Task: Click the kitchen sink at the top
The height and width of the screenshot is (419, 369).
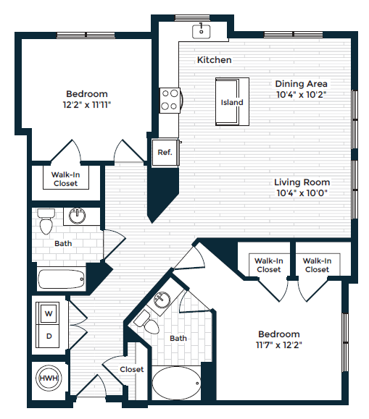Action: click(x=201, y=30)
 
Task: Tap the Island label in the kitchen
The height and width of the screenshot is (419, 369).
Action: click(x=232, y=102)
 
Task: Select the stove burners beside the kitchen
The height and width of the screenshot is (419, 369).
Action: click(x=170, y=100)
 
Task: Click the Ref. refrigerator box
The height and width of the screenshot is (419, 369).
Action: click(x=164, y=153)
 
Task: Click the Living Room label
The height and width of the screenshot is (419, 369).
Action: click(x=302, y=182)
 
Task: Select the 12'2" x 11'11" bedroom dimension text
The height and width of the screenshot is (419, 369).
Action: click(x=87, y=105)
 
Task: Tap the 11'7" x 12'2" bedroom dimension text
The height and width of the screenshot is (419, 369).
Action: click(x=279, y=345)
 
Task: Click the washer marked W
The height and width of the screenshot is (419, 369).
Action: click(x=49, y=313)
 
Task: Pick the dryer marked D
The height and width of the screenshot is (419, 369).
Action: click(x=49, y=336)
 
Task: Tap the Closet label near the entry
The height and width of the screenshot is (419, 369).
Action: click(x=132, y=369)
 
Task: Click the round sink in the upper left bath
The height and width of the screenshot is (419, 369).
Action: click(x=77, y=216)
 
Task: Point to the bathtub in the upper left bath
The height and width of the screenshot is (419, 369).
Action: click(x=61, y=279)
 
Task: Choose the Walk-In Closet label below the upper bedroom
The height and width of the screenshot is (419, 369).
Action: click(x=65, y=179)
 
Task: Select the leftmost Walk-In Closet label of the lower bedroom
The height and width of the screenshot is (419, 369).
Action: click(x=268, y=265)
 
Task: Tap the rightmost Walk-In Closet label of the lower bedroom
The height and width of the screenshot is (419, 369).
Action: click(x=317, y=265)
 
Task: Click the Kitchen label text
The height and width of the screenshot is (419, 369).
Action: click(x=215, y=60)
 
